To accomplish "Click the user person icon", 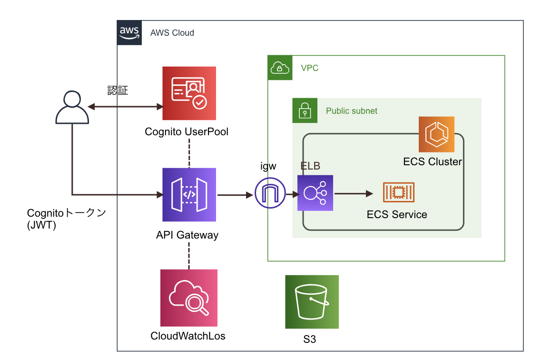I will (72, 108).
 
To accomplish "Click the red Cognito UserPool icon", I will (189, 93).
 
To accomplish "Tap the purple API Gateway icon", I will (189, 195).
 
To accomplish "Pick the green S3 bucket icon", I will (312, 302).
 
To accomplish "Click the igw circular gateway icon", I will (270, 193).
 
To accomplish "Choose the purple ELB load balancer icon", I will (315, 193).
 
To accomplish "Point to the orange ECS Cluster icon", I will (436, 134).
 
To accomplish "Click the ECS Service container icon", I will (398, 192).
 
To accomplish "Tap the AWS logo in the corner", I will (129, 33).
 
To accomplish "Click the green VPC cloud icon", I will (279, 68).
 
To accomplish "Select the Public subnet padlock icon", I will (305, 110).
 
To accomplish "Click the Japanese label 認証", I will (118, 90).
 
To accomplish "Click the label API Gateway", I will (187, 235).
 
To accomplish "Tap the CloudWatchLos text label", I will (188, 336).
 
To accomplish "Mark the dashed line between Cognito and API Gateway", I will (189, 153).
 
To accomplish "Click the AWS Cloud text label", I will (172, 33).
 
